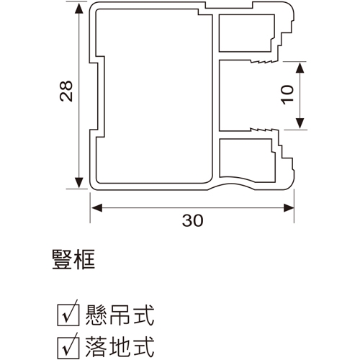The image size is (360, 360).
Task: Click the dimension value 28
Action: pyautogui.click(x=66, y=91)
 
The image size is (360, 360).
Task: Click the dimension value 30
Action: pyautogui.click(x=192, y=220)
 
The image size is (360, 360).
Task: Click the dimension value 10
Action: pyautogui.click(x=287, y=95)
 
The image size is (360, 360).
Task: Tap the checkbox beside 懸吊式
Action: pyautogui.click(x=68, y=315)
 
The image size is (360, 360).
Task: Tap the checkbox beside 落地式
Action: pyautogui.click(x=68, y=348)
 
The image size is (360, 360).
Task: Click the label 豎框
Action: pyautogui.click(x=73, y=260)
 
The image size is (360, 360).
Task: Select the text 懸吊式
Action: pyautogui.click(x=120, y=315)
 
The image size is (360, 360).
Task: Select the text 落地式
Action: pyautogui.click(x=120, y=348)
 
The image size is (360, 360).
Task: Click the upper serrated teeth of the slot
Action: pyautogui.click(x=264, y=61)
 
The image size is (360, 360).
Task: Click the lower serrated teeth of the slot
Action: pyautogui.click(x=264, y=130)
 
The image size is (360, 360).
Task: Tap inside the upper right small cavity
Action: pyautogui.click(x=246, y=33)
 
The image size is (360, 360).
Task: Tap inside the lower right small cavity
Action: pyautogui.click(x=246, y=158)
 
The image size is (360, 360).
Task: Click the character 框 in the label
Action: pyautogui.click(x=85, y=260)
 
